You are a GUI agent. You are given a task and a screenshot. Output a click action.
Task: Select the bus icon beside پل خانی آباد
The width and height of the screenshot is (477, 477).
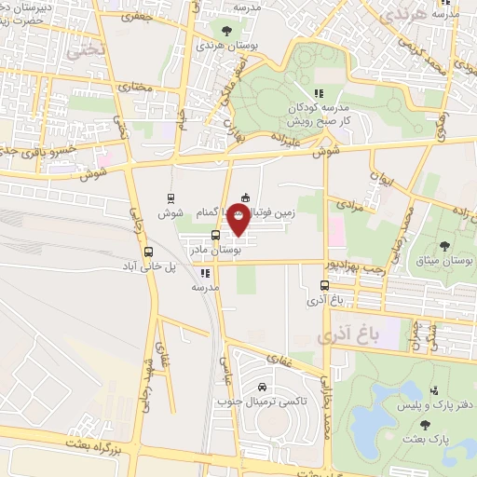148,251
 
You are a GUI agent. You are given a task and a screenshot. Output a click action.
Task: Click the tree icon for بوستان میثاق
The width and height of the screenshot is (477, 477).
444,245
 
